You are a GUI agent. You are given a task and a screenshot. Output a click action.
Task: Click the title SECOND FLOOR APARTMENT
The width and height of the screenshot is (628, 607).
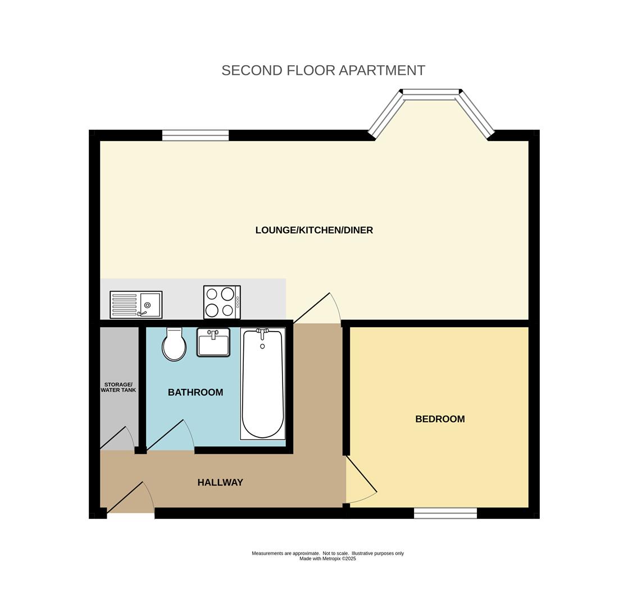click(323, 70)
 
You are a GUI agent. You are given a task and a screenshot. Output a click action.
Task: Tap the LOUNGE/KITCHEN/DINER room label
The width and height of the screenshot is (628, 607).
click(314, 230)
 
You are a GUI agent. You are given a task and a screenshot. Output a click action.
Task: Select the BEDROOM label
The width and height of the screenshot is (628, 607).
click(440, 419)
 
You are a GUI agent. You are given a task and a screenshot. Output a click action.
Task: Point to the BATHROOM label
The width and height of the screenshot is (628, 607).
click(195, 392)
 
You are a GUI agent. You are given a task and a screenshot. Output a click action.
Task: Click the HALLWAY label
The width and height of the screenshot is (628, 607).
click(220, 482)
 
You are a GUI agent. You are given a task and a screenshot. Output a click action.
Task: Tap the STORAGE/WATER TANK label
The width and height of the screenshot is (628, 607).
click(119, 387)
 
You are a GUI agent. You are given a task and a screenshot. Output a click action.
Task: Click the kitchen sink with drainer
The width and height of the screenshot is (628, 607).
click(136, 305)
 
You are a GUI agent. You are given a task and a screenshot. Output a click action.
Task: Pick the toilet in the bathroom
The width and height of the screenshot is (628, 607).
click(174, 345)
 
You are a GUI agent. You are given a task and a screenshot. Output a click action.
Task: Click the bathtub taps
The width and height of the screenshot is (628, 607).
click(262, 333)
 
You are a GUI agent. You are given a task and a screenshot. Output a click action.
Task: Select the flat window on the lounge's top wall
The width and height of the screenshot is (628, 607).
click(195, 135)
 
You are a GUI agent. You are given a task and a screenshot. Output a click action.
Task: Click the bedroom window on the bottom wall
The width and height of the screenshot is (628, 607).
click(445, 513)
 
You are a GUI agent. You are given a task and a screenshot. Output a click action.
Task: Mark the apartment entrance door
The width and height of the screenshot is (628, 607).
click(130, 499)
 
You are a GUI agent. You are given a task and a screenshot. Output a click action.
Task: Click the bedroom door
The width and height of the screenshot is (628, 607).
click(361, 479)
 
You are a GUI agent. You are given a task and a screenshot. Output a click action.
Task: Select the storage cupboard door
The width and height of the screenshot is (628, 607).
click(117, 439)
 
